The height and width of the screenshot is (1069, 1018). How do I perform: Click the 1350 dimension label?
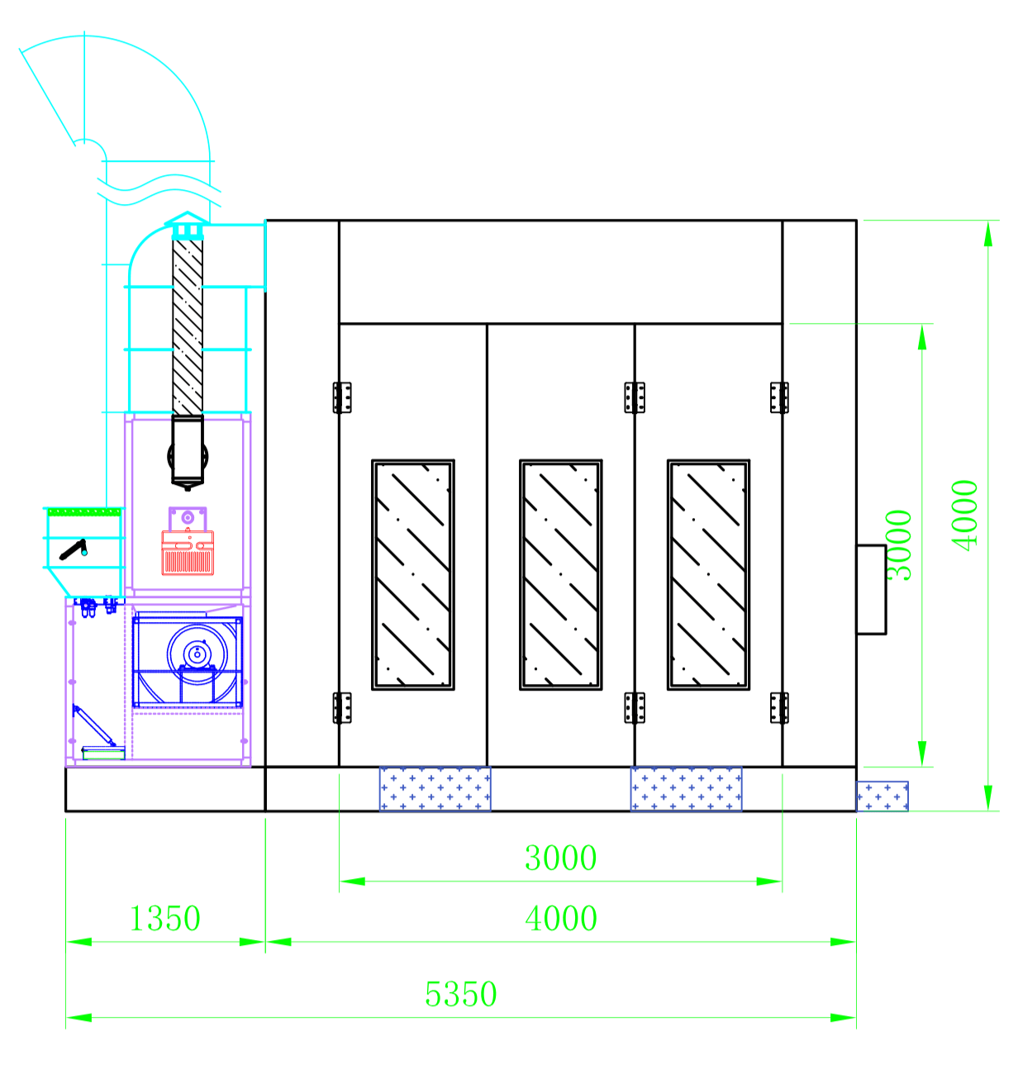[x=165, y=919]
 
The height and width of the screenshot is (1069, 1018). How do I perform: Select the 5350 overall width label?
[x=460, y=994]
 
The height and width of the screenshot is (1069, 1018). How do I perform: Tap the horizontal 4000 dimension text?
[x=561, y=919]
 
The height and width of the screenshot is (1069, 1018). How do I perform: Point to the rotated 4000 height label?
[x=964, y=515]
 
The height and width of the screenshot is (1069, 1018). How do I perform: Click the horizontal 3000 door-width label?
[x=560, y=858]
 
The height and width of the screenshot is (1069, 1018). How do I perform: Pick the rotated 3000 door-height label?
[x=898, y=545]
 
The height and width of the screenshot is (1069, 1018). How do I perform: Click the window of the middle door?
[x=560, y=575]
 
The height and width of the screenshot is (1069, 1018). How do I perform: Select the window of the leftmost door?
[x=413, y=575]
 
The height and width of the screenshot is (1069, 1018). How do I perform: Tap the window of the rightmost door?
[x=708, y=575]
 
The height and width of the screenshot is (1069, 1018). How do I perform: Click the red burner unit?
[x=188, y=553]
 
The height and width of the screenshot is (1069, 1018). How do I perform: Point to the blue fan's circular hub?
[x=197, y=654]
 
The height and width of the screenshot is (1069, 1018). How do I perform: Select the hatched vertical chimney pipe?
[x=188, y=327]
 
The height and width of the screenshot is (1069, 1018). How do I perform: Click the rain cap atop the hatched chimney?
[x=188, y=225]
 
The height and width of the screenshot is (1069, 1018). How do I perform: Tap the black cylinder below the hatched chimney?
[x=188, y=453]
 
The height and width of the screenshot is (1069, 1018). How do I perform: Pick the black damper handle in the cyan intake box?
[x=74, y=549]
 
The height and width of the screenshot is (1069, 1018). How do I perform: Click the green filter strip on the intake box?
[x=84, y=511]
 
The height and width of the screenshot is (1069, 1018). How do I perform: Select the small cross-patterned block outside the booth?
[x=882, y=796]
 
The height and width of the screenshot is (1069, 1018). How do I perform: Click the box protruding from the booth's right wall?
[x=871, y=589]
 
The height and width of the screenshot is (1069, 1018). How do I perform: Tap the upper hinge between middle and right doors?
[x=635, y=397]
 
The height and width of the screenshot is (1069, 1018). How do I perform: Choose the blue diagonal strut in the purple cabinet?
[x=94, y=726]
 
